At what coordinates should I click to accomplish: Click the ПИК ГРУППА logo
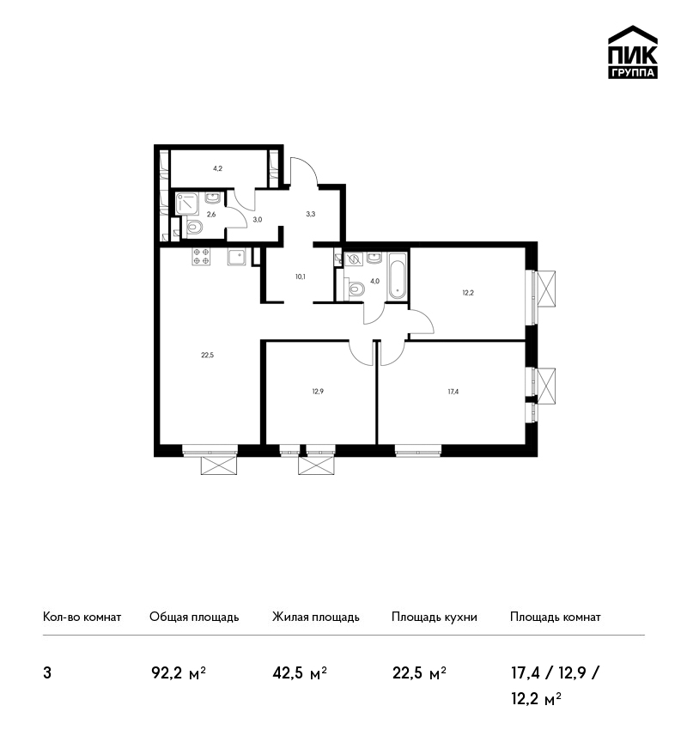pyautogui.click(x=633, y=52)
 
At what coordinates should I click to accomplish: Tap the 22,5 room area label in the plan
pyautogui.click(x=208, y=356)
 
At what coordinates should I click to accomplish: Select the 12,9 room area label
pyautogui.click(x=318, y=392)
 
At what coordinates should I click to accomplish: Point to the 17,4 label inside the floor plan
pyautogui.click(x=453, y=392)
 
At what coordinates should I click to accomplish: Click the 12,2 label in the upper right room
pyautogui.click(x=468, y=293)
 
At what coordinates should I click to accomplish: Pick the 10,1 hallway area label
pyautogui.click(x=301, y=277)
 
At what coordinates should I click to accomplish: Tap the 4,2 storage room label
pyautogui.click(x=217, y=168)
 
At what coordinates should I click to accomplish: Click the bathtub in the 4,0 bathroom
pyautogui.click(x=398, y=276)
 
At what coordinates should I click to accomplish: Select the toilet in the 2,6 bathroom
pyautogui.click(x=193, y=228)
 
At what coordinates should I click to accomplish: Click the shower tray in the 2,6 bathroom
pyautogui.click(x=187, y=204)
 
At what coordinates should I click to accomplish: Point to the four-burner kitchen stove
pyautogui.click(x=201, y=256)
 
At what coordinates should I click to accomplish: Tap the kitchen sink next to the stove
pyautogui.click(x=237, y=256)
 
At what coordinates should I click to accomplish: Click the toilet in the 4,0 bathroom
pyautogui.click(x=356, y=289)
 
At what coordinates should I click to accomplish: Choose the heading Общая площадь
pyautogui.click(x=194, y=617)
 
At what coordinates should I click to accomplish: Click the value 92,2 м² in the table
pyautogui.click(x=179, y=673)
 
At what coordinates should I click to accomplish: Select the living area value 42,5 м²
pyautogui.click(x=300, y=673)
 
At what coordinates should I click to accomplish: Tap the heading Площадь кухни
pyautogui.click(x=435, y=617)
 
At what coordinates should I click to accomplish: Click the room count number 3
pyautogui.click(x=47, y=673)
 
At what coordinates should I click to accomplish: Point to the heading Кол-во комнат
pyautogui.click(x=82, y=617)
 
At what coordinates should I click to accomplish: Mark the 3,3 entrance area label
pyautogui.click(x=311, y=214)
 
